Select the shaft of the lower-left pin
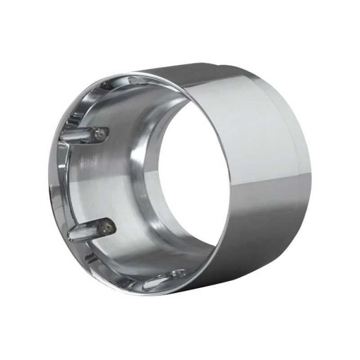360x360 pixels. tap(85, 231)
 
